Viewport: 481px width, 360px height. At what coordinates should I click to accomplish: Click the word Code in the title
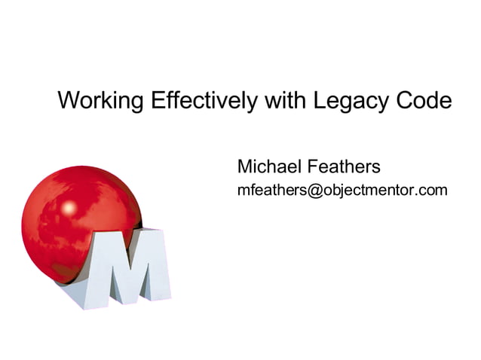tap(425, 101)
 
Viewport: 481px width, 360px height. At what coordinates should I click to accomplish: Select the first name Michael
tap(268, 166)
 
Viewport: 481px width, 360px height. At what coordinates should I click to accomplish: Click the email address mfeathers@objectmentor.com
tap(342, 190)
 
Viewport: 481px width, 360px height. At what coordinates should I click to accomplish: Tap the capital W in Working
tap(68, 101)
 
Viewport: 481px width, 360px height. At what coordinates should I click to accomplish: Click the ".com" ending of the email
tap(434, 190)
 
